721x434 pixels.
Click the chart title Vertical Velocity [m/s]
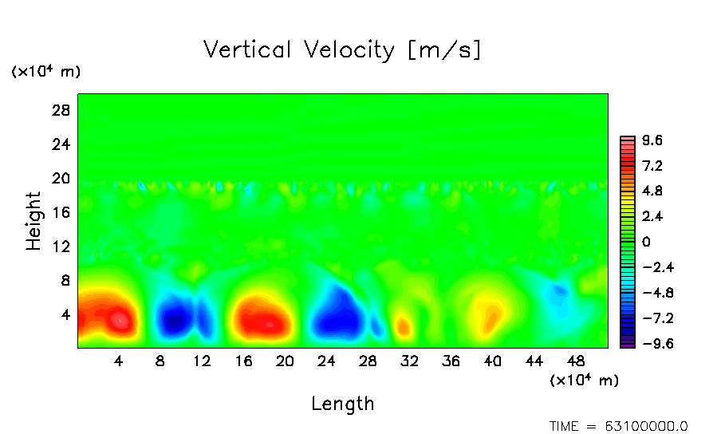(x=342, y=50)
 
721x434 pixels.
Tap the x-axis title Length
(x=342, y=404)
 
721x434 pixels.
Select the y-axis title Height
(x=33, y=221)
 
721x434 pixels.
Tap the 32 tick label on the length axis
(x=409, y=361)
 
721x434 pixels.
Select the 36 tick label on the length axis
(x=451, y=361)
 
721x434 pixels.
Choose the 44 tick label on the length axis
(x=534, y=361)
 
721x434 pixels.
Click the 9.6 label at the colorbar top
(x=652, y=141)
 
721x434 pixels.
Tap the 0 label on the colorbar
(x=646, y=243)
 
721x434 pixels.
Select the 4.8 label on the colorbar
(x=652, y=191)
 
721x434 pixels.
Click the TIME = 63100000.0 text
(x=619, y=426)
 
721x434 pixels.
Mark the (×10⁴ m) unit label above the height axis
(x=45, y=72)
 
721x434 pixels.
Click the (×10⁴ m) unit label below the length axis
(x=584, y=381)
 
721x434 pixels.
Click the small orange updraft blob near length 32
(x=404, y=325)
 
